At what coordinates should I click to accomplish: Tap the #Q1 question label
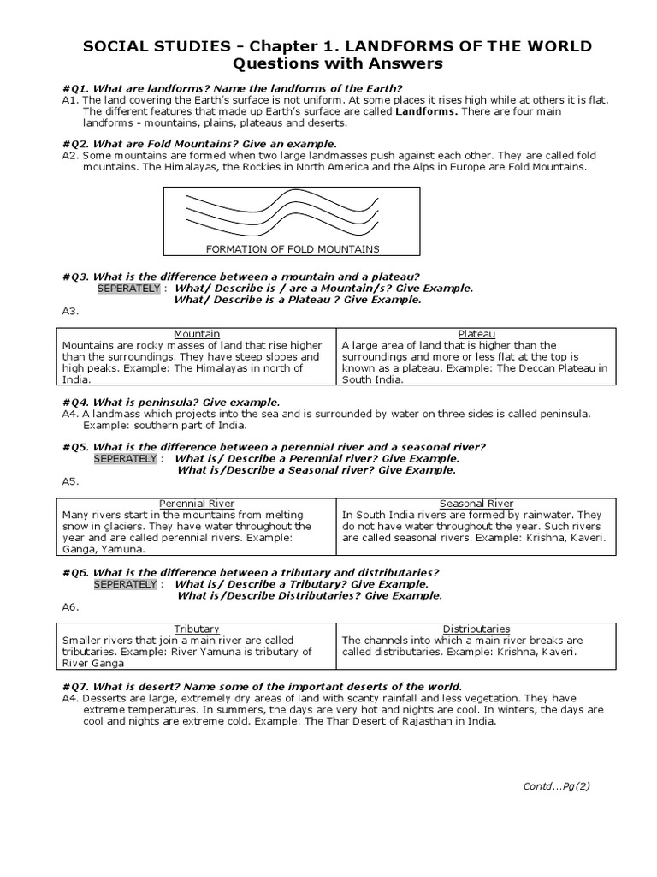tap(76, 88)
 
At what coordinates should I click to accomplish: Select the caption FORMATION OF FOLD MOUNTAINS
tap(292, 249)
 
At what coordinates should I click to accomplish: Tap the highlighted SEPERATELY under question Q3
tap(127, 289)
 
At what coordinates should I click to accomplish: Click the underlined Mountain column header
tap(197, 333)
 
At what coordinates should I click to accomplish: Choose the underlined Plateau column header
tap(476, 333)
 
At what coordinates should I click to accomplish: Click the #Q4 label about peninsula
tap(76, 402)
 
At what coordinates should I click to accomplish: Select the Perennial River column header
tap(197, 504)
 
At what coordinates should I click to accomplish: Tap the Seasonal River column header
tap(476, 504)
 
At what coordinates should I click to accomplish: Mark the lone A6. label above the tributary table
tap(70, 606)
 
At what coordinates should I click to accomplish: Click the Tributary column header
tap(197, 629)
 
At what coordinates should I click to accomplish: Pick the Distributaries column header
tap(476, 629)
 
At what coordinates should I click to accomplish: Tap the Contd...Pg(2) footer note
tap(556, 785)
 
